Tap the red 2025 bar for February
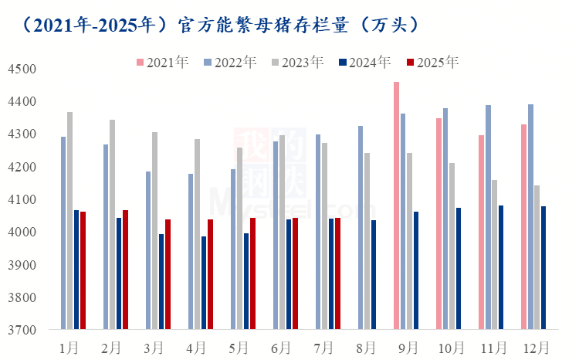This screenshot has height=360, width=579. pos(125,270)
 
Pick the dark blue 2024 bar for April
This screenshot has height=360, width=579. pos(204,283)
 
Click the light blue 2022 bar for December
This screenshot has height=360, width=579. pos(530,217)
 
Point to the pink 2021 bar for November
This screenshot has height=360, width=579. pos(482,233)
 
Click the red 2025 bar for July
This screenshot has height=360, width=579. pos(337,273)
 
